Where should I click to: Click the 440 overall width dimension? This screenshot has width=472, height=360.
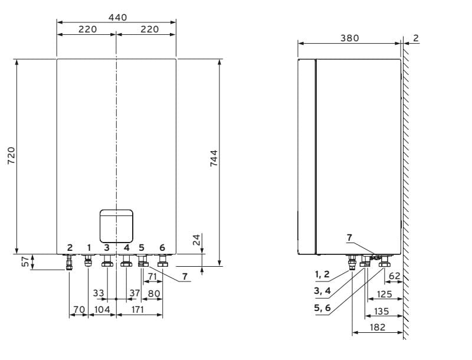pos(117,18)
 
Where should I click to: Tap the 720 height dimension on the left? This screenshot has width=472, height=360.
pos(11,155)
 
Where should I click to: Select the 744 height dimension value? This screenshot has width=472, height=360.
pos(214,158)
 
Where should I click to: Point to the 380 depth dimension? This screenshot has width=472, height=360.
pos(349,38)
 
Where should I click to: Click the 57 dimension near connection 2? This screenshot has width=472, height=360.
pos(27,261)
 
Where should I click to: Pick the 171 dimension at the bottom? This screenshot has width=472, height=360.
pos(137,309)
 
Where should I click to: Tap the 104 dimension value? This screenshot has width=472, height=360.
pos(102,309)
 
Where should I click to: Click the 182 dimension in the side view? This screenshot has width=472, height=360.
pos(377,327)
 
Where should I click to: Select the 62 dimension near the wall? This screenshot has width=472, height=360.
pos(395,276)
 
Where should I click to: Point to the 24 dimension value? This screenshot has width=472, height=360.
pos(196,240)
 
